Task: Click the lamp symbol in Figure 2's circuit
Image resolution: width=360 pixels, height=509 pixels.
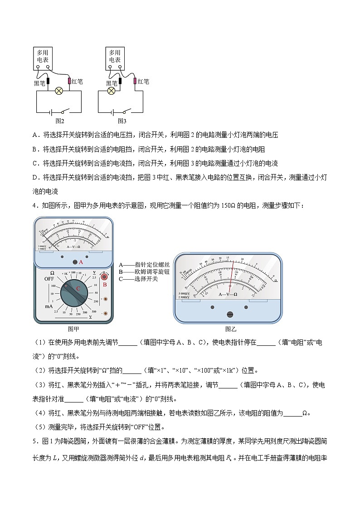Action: pyautogui.click(x=58, y=91)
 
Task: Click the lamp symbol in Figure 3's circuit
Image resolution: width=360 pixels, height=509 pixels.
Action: pyautogui.click(x=111, y=91)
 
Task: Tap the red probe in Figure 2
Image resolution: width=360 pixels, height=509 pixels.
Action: pyautogui.click(x=69, y=81)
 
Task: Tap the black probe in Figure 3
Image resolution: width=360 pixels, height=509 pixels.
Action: pyautogui.click(x=120, y=82)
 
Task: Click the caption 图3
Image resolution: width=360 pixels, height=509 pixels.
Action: pyautogui.click(x=122, y=121)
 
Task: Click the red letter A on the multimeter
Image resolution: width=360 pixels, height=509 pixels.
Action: pyautogui.click(x=81, y=262)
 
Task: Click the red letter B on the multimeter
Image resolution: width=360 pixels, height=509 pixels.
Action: pyautogui.click(x=104, y=285)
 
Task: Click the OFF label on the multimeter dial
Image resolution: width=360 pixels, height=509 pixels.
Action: pyautogui.click(x=49, y=279)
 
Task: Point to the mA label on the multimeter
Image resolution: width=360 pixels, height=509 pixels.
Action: pyautogui.click(x=49, y=307)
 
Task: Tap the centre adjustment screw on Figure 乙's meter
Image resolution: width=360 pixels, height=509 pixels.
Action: pyautogui.click(x=229, y=314)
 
